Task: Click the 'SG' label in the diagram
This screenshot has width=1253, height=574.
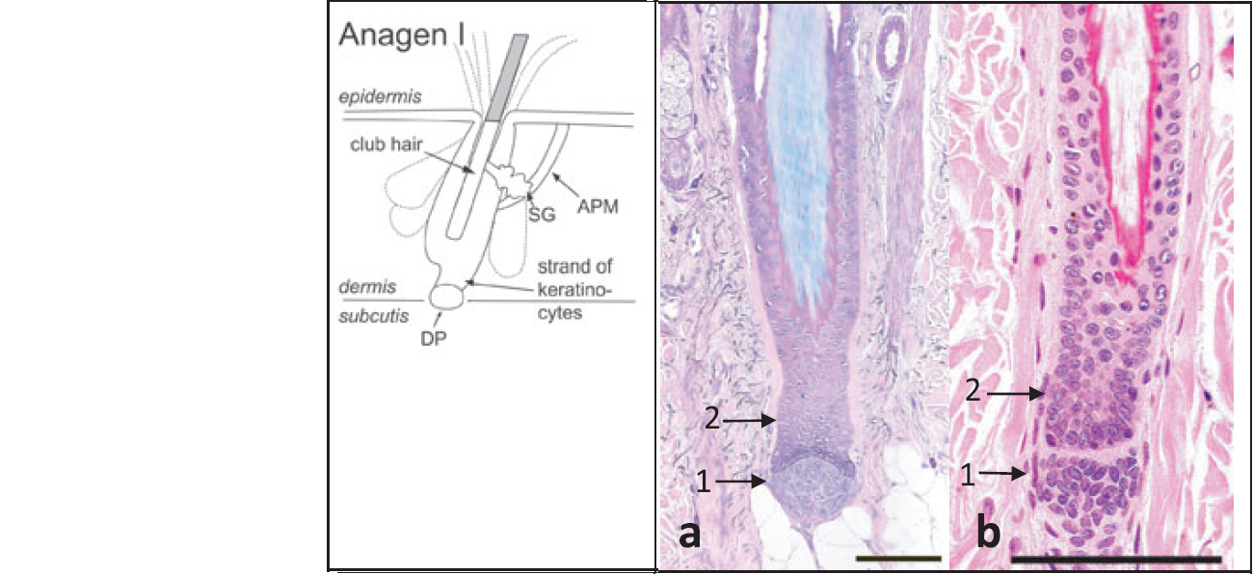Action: pyautogui.click(x=543, y=215)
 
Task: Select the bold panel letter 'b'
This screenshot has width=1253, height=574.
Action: pyautogui.click(x=988, y=534)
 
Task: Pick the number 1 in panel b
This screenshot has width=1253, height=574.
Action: pyautogui.click(x=973, y=472)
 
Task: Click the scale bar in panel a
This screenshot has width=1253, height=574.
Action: pyautogui.click(x=895, y=558)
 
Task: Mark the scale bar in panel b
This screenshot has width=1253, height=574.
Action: pyautogui.click(x=1116, y=558)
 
